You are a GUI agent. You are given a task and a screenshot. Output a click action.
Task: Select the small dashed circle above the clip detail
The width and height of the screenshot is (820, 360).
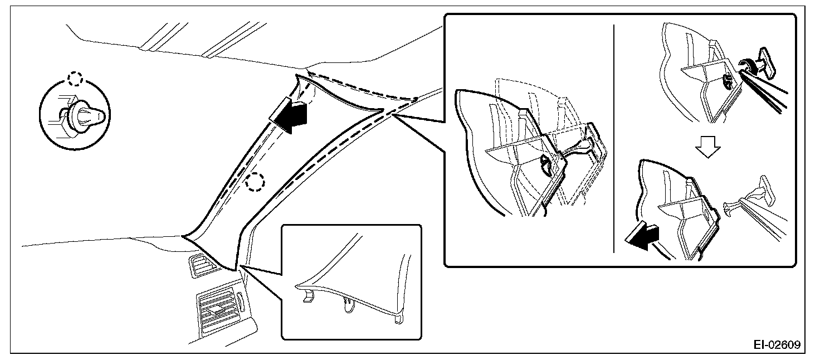click(74, 79)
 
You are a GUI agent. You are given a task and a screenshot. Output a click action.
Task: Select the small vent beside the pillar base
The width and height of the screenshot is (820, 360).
click(200, 265)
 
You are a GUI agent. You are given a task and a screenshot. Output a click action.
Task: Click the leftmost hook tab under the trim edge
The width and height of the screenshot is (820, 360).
click(306, 298)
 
